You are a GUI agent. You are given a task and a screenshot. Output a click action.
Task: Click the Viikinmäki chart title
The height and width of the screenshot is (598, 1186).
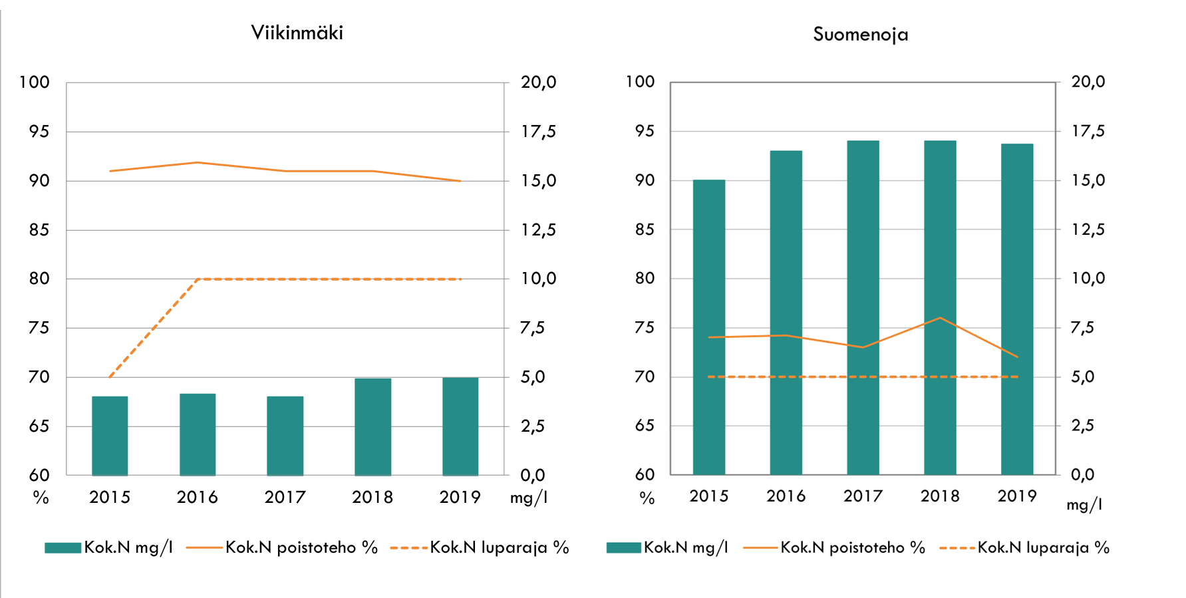coord(297,33)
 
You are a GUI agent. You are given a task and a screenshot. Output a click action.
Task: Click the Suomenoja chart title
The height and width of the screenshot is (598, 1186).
coord(860,34)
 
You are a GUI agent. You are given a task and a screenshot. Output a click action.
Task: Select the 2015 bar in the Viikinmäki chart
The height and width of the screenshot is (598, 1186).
coord(110,436)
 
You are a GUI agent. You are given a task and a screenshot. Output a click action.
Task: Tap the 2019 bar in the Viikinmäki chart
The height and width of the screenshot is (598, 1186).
coord(460,426)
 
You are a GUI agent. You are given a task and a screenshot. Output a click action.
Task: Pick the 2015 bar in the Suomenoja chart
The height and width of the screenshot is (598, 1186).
coord(709,327)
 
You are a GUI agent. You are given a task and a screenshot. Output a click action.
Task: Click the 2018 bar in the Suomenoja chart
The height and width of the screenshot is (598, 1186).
coord(940,307)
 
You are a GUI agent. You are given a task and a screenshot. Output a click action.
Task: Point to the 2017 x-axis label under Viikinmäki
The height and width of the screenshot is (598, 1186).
coord(285,497)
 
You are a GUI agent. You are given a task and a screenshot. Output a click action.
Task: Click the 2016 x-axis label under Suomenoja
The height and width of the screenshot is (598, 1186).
coord(786,496)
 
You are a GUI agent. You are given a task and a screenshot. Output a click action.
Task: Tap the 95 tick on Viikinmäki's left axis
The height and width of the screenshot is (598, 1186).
coord(39,132)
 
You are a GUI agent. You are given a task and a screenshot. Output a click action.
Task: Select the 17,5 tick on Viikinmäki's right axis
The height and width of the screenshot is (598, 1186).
coord(538,132)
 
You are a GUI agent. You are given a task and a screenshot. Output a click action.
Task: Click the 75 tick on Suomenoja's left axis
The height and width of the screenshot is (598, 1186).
coord(645,327)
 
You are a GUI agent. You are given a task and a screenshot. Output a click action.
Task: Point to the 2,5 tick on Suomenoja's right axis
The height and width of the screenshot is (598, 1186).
coord(1082,426)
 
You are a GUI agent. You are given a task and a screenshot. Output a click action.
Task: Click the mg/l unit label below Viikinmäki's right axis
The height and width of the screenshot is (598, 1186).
coord(529,498)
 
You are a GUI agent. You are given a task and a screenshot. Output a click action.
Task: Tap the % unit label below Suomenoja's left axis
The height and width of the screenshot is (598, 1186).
coord(647,498)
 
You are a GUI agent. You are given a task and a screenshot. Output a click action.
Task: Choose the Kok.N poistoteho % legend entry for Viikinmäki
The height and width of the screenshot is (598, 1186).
coord(301,547)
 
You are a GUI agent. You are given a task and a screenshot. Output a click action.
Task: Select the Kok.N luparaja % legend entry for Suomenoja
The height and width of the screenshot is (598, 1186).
coord(1043,547)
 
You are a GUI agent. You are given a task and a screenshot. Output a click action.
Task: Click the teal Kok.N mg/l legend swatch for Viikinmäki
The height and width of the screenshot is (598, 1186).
coord(63,547)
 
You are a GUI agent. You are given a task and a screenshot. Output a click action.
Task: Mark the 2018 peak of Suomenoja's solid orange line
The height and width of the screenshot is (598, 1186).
coord(940,318)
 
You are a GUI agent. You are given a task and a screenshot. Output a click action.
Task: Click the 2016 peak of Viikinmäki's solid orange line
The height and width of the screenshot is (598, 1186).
coord(198,162)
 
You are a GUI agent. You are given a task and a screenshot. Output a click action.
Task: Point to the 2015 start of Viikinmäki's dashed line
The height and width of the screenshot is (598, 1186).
coord(110,377)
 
